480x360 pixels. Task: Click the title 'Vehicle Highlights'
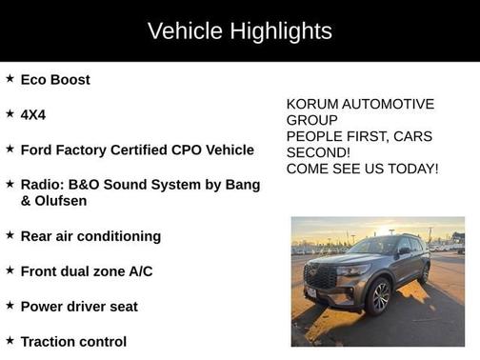click(x=239, y=30)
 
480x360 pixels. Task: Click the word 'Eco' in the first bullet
click(x=35, y=80)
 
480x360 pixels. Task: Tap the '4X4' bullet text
click(x=33, y=114)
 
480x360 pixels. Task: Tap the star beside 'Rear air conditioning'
click(x=10, y=234)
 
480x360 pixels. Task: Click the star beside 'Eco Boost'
click(x=10, y=79)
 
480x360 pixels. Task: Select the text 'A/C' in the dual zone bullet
click(x=138, y=271)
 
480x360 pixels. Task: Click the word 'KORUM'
click(x=311, y=104)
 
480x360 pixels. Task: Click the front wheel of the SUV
click(x=379, y=296)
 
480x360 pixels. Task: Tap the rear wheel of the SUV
click(x=424, y=273)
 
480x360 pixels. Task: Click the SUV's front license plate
click(x=311, y=296)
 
